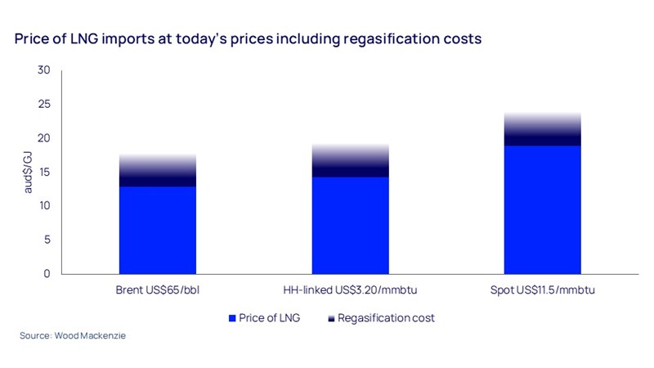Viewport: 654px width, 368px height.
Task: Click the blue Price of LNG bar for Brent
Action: [158, 230]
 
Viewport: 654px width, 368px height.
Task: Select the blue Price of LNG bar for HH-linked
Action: [350, 225]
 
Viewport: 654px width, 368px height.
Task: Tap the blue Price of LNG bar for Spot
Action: [542, 209]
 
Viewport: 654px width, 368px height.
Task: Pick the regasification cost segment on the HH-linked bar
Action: [350, 161]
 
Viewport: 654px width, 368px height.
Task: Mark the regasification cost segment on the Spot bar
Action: [542, 129]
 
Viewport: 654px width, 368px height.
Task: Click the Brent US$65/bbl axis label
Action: [158, 290]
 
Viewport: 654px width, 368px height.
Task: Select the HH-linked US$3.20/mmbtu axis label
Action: [350, 290]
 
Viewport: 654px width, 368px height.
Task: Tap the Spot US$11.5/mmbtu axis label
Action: [542, 290]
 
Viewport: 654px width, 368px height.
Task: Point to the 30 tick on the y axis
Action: [44, 71]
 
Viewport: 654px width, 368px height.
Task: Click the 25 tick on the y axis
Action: [44, 105]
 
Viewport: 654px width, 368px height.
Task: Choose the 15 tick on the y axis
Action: [44, 172]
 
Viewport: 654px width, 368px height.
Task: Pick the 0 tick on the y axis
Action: [47, 273]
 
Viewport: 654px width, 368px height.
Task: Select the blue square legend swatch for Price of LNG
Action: [233, 317]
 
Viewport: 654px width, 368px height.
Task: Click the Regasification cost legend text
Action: [386, 317]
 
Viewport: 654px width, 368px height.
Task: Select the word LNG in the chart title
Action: [73, 38]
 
